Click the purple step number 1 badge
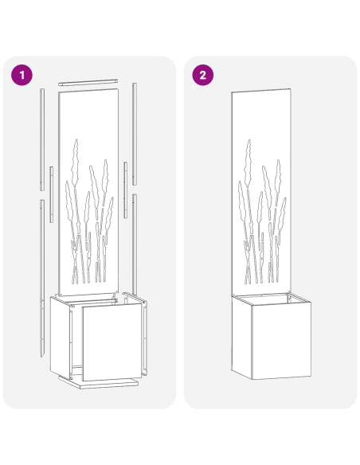(x=22, y=76)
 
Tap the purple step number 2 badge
(x=203, y=76)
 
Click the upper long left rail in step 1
(x=41, y=139)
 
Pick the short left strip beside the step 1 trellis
(x=52, y=195)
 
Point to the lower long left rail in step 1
(x=39, y=271)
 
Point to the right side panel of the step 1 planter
(x=144, y=334)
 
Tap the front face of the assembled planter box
(x=280, y=343)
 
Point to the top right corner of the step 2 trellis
(x=292, y=94)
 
